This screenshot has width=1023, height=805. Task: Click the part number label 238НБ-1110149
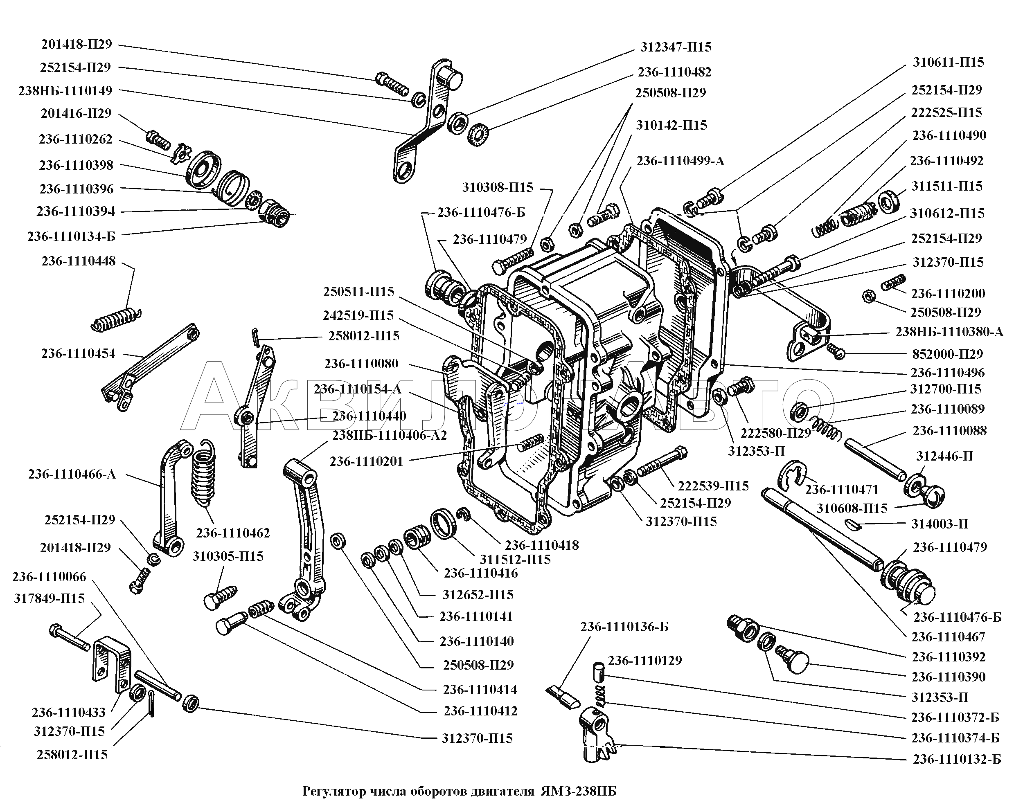65,90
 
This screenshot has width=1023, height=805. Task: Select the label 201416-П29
76,114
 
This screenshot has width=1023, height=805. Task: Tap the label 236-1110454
78,353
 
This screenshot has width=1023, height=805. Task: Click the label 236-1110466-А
72,474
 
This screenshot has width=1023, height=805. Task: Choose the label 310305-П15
228,556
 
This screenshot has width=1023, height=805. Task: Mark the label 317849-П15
49,598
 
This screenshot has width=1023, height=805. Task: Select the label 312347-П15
676,47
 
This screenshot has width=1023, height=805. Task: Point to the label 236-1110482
674,72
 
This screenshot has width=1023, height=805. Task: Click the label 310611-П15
948,62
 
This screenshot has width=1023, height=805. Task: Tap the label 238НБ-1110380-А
949,332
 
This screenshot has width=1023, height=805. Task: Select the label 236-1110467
948,637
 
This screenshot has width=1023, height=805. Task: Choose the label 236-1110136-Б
624,627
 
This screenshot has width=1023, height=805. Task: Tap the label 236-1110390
949,677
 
